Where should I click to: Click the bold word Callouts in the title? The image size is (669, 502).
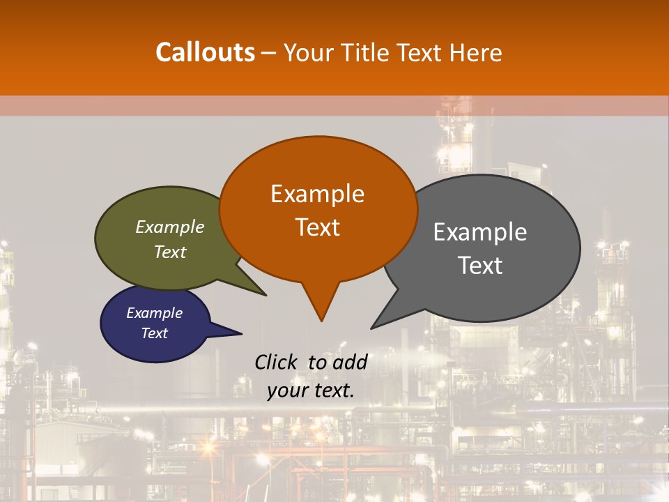205,52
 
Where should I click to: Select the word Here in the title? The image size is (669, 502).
476,52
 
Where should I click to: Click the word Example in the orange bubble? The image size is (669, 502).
317,194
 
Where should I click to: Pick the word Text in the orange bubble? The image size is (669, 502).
317,227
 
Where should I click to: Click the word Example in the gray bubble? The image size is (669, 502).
480,232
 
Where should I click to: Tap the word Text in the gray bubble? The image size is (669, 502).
480,265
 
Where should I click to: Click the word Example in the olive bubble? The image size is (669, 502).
170,227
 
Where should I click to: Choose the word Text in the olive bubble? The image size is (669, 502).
170,252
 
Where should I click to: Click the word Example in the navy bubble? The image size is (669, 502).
155,313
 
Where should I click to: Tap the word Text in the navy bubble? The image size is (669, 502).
155,333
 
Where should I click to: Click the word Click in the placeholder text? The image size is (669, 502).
277,362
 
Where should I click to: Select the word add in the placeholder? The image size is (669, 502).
350,362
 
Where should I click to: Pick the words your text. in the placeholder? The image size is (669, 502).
311,390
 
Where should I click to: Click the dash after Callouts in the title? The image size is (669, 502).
268,53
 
